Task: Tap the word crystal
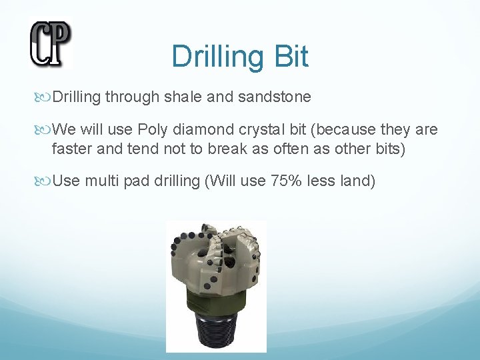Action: [x=253, y=129]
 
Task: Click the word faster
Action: [x=72, y=148]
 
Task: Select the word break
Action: [x=204, y=148]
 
